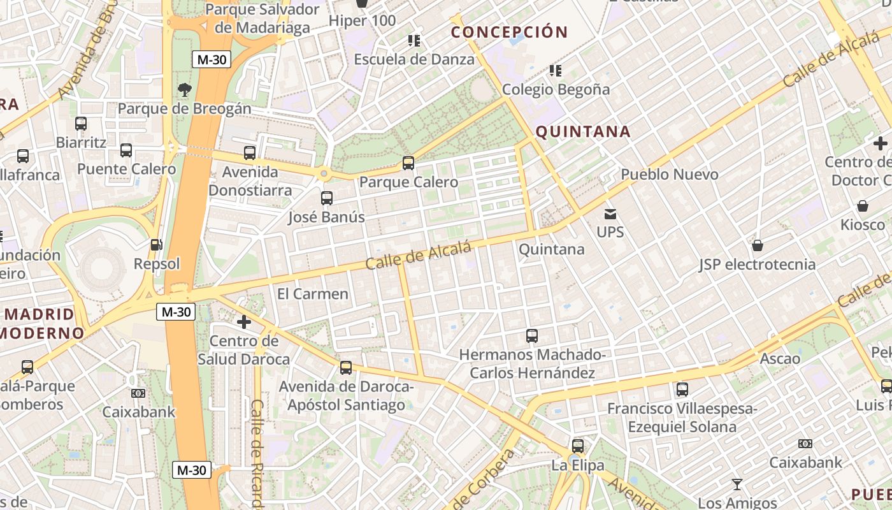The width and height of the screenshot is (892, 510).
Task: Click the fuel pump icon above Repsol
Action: point(155,244)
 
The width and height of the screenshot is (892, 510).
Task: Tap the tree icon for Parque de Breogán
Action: point(185,90)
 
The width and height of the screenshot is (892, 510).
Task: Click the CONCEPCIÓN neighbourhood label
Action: point(509,32)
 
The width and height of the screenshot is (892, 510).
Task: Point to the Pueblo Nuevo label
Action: point(670,174)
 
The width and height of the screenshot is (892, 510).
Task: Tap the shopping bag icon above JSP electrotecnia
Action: point(758,245)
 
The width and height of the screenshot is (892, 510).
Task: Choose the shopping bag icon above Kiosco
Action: point(863,206)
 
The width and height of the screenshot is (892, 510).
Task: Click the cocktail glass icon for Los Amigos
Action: point(737,484)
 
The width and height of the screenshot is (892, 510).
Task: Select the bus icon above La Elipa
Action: point(578,446)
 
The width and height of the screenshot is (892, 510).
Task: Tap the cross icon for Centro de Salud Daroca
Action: point(243,322)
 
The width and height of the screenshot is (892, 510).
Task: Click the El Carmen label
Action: point(313,294)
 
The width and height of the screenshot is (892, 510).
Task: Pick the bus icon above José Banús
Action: point(327,198)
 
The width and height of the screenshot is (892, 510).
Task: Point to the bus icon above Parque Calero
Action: point(408,163)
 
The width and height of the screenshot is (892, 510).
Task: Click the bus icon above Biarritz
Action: point(81,124)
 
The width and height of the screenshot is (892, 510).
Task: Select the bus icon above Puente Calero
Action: point(126,150)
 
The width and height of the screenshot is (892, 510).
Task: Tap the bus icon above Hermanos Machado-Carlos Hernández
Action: point(532,336)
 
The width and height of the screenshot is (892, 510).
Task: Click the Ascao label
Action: point(780,358)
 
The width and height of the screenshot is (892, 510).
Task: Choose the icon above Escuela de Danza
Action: point(414,41)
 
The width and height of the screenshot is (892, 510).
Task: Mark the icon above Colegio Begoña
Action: point(556,70)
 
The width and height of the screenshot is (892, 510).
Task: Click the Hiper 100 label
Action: point(362,20)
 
